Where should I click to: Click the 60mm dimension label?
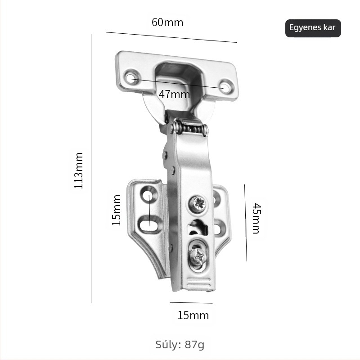click(167, 22)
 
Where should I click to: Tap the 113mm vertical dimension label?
click(78, 171)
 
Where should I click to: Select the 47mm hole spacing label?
click(174, 94)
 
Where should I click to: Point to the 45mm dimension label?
click(256, 218)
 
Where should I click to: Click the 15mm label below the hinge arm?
click(193, 315)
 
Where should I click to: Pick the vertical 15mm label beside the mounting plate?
click(117, 210)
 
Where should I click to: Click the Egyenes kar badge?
click(313, 28)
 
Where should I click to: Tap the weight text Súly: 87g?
click(180, 345)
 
